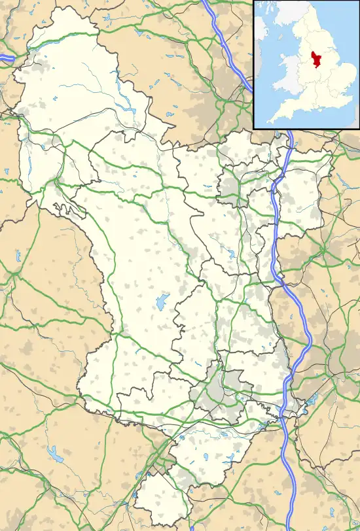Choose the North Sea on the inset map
tap(340, 33)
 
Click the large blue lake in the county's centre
tap(160, 303)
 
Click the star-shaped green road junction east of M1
tap(325, 248)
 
